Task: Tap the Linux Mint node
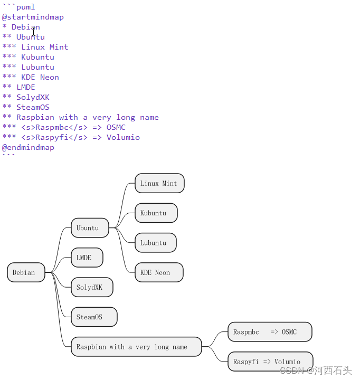tap(159, 183)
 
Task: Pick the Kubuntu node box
tap(156, 213)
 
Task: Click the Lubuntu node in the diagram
tap(155, 243)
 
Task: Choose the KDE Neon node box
tap(159, 272)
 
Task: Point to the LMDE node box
tap(87, 258)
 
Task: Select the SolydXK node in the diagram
tap(92, 287)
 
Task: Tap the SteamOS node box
tap(93, 317)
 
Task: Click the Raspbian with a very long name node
tap(136, 347)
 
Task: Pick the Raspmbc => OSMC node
tap(270, 332)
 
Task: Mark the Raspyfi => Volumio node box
tap(270, 362)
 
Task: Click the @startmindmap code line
tap(33, 17)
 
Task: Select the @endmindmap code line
tap(28, 147)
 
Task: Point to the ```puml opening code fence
tap(18, 7)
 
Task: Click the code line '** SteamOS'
tap(26, 107)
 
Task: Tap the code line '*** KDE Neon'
tap(31, 77)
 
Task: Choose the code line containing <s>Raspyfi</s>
tap(71, 137)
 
